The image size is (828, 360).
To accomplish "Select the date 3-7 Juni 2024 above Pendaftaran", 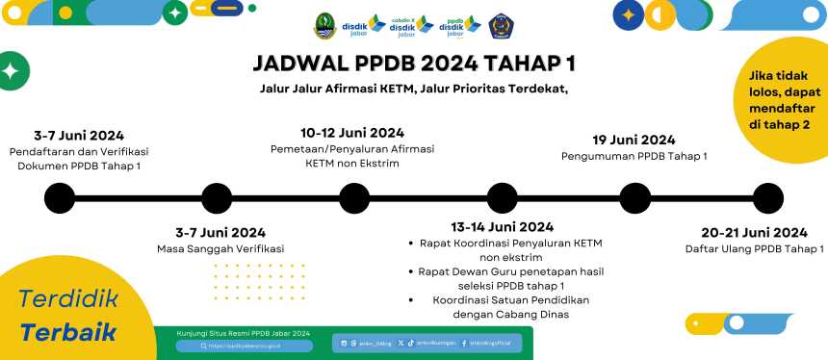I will coord(79,136).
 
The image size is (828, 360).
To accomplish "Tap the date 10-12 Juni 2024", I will coord(352,133).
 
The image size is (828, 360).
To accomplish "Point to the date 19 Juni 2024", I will coord(634,140).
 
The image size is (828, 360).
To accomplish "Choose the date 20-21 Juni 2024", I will coord(754,232).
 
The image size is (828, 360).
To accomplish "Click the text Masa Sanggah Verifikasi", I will coord(220,249).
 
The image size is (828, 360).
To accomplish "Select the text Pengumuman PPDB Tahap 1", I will coord(634,156).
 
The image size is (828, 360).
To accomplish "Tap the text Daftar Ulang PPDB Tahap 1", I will coord(754,249).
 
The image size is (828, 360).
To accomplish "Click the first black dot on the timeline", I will coord(60,197).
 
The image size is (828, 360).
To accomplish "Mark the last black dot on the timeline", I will coord(767,197).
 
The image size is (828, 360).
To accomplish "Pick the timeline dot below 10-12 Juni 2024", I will coord(354,197).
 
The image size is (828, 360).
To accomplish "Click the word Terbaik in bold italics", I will coord(68,333).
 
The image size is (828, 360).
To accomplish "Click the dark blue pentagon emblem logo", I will coord(501,26).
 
